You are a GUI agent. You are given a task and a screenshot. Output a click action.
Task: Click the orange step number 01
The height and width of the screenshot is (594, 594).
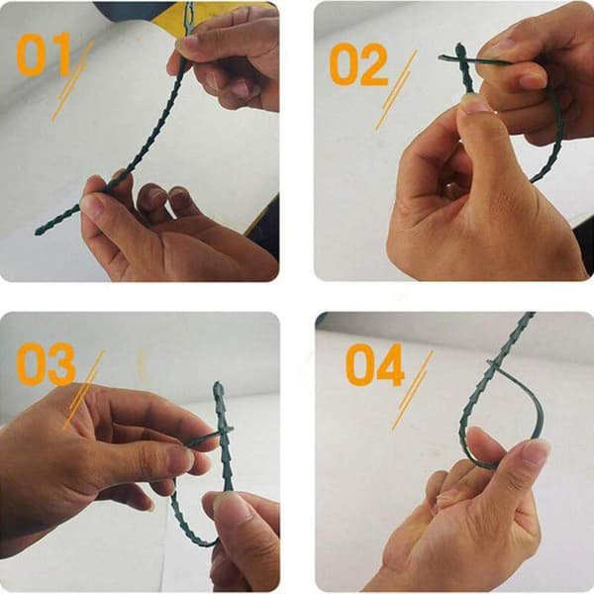44,53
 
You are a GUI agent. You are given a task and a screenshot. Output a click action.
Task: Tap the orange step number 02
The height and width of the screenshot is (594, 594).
358,64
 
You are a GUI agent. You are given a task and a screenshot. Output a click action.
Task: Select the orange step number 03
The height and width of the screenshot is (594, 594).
46,364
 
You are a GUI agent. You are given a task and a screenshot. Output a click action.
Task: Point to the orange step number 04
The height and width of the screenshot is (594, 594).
374,364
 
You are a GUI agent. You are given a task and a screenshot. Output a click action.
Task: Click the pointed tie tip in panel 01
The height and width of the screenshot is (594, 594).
37,233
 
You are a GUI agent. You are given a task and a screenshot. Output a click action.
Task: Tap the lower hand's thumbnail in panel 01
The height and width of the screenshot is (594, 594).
91,205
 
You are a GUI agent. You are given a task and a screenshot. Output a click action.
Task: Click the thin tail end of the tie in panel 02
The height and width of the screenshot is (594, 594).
442,57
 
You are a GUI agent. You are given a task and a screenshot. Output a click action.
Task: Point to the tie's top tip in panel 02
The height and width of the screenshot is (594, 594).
459,47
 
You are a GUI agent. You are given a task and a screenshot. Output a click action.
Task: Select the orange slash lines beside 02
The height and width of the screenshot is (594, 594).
396,90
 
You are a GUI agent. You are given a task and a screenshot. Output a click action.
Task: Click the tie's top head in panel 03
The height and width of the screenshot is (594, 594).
218,388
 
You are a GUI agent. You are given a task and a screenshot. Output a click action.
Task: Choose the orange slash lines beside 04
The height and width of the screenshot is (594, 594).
412,390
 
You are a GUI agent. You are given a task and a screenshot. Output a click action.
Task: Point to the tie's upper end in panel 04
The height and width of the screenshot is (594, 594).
530,315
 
